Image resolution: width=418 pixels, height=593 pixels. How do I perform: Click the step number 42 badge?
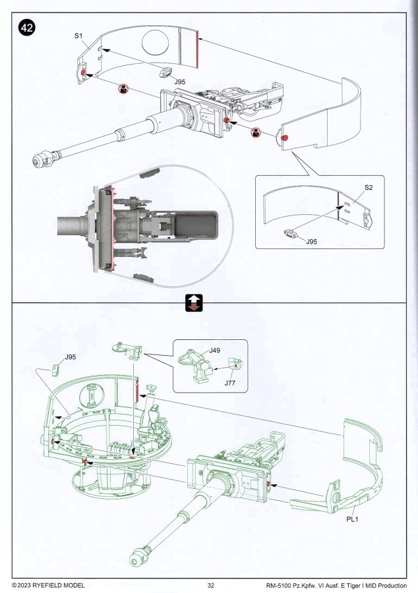coord(27,28)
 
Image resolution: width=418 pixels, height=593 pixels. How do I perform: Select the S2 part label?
coord(369,188)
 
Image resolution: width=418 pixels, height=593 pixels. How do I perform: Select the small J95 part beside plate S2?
coord(290,232)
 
